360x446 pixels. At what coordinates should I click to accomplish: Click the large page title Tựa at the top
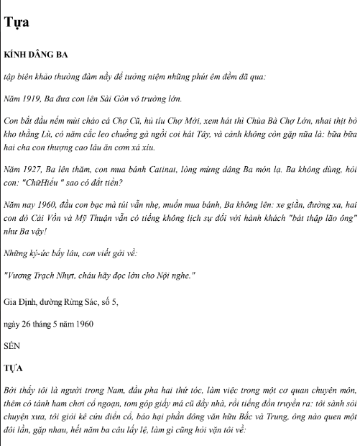point(17,22)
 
